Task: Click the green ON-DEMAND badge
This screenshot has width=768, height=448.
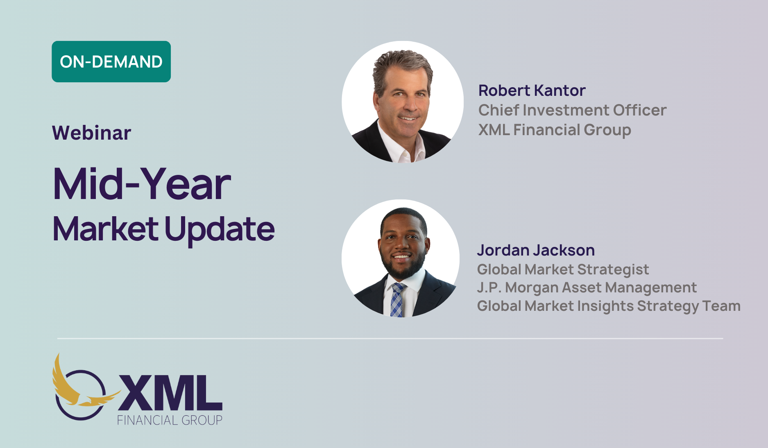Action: [x=111, y=61]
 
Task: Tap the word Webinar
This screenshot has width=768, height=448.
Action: [x=92, y=133]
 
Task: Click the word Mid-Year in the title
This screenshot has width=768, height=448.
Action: [x=142, y=184]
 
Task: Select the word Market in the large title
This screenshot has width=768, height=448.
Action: [x=106, y=229]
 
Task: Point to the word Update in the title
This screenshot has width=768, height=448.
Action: [x=220, y=230]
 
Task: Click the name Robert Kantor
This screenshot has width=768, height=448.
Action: [x=532, y=91]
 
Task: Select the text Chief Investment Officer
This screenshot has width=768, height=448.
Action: [x=572, y=110]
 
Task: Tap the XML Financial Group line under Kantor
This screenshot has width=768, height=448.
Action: [x=555, y=130]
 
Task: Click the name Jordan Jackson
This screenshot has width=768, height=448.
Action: [x=536, y=250]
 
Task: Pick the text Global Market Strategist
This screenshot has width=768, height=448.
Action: [x=563, y=269]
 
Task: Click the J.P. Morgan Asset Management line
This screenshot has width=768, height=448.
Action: [x=587, y=287]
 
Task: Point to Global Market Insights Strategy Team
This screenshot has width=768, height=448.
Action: [x=609, y=306]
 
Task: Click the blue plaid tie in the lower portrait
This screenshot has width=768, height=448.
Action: [x=396, y=300]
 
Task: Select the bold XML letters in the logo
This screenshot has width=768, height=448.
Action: [x=170, y=393]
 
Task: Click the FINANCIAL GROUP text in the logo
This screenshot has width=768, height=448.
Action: [x=170, y=420]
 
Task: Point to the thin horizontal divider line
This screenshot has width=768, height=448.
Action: [x=390, y=339]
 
